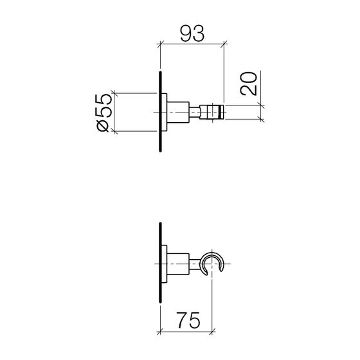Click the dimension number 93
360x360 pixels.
pos(192,33)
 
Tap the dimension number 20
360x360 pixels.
pos(248,84)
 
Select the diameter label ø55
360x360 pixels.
pos(104,113)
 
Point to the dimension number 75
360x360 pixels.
pos(188,320)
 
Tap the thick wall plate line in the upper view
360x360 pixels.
pos(161,112)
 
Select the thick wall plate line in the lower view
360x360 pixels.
pos(161,263)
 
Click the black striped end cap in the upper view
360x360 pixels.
pos(221,112)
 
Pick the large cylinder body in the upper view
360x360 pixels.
pos(178,113)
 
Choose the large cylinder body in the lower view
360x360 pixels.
pos(178,264)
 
